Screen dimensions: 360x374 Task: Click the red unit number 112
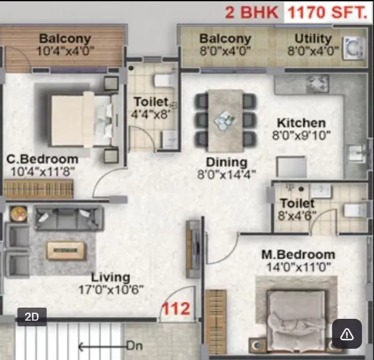(176, 308)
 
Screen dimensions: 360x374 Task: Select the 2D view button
(32, 317)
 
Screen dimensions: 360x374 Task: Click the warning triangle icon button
(347, 334)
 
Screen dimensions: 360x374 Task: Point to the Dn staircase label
(134, 345)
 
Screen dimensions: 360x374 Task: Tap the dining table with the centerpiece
(225, 119)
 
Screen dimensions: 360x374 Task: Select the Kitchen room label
(301, 123)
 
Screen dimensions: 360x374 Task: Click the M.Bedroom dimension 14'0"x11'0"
(298, 266)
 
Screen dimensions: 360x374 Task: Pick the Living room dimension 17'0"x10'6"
(111, 289)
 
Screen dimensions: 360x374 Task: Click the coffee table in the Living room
(66, 250)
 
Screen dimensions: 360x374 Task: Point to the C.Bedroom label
(42, 158)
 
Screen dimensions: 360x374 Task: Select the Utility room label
(313, 39)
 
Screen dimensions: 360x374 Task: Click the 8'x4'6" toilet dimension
(297, 216)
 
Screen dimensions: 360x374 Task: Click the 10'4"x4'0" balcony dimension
(65, 51)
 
